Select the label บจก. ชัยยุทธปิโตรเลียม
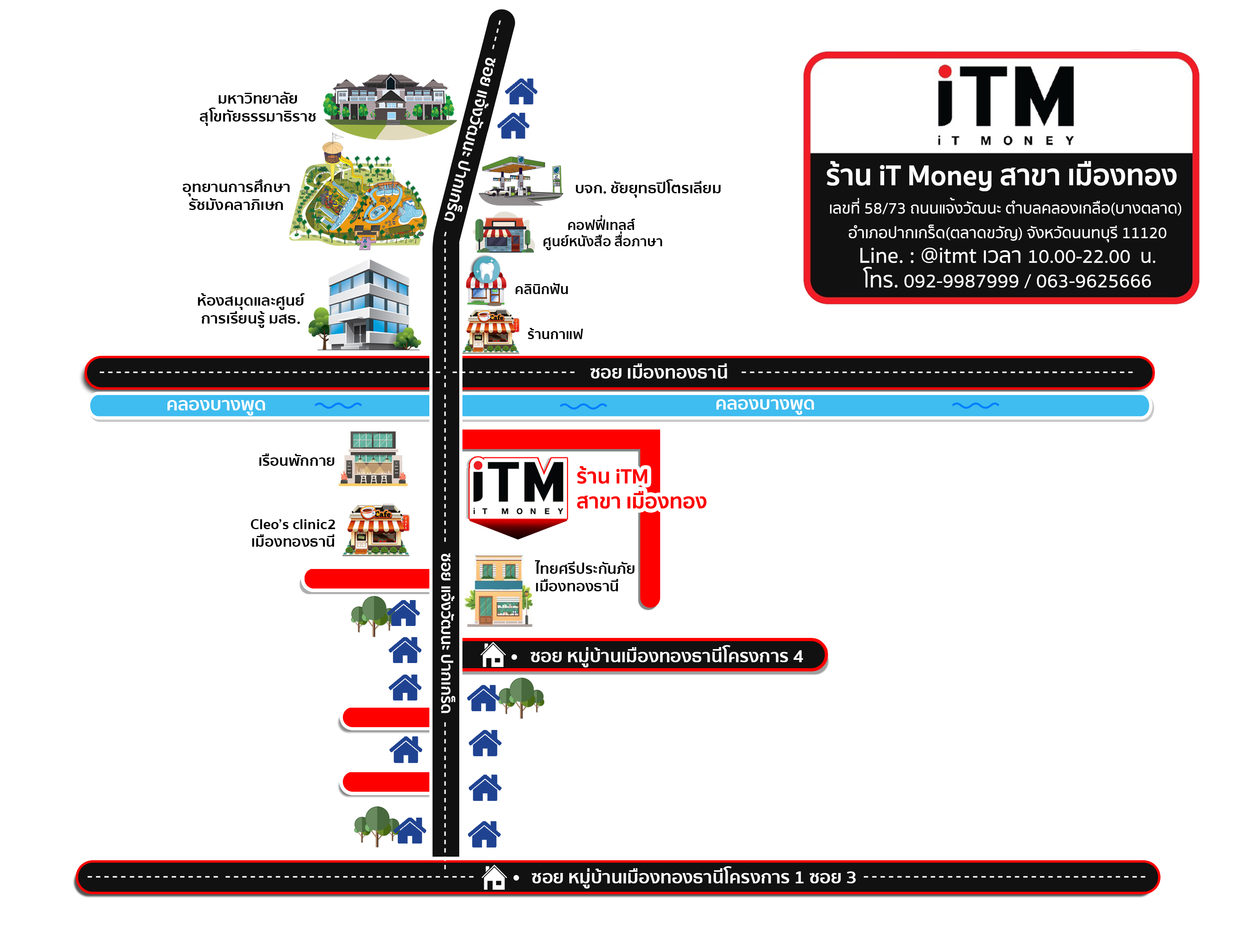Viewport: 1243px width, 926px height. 647,188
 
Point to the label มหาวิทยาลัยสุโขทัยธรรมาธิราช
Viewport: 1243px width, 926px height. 258,107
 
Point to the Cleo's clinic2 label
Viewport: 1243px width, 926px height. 293,524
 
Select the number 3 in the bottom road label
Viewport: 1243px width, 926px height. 851,877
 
